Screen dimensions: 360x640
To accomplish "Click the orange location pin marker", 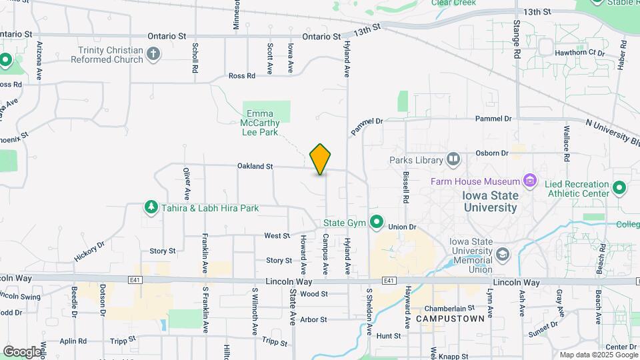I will (321, 159).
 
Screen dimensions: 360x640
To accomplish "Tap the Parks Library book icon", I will (453, 159).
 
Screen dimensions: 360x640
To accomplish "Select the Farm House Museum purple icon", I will (530, 181).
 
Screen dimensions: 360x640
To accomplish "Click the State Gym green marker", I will (377, 221).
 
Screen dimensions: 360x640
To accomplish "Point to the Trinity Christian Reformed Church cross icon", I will (154, 54).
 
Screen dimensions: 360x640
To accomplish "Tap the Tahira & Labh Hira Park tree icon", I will (151, 208).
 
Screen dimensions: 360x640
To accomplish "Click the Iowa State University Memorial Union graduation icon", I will (503, 254).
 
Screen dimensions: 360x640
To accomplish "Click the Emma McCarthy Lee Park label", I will (261, 123).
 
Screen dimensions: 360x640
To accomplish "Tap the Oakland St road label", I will (255, 166).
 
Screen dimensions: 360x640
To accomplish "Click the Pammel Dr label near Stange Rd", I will (493, 119).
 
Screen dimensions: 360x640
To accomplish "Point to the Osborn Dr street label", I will (492, 153).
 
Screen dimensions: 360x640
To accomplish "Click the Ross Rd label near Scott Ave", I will (241, 76).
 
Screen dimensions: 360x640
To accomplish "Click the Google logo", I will (22, 351).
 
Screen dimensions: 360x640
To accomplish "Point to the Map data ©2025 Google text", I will (597, 355).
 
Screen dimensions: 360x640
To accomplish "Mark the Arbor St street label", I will (313, 319).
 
